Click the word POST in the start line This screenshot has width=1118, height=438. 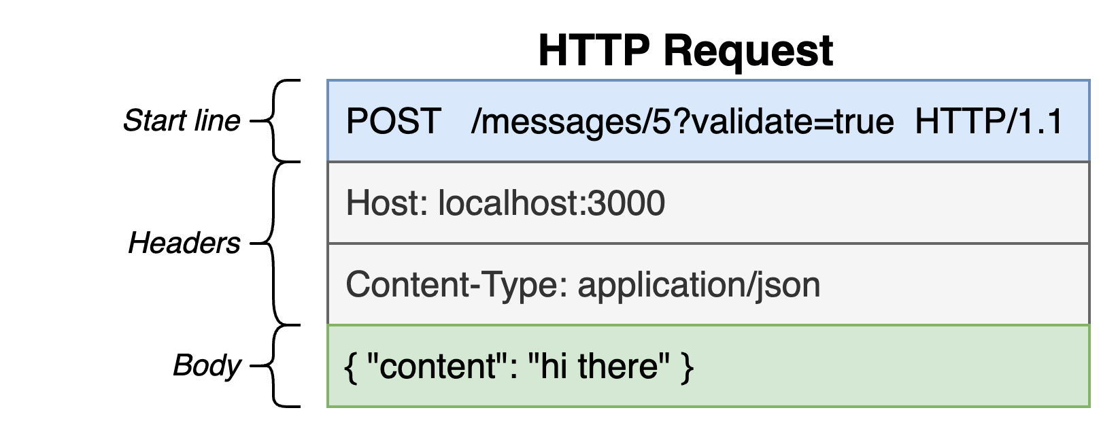click(x=393, y=121)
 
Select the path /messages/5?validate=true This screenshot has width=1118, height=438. click(x=682, y=122)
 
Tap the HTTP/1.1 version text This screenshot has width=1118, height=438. click(x=989, y=121)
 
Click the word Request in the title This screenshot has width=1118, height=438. click(x=748, y=51)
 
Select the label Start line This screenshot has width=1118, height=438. click(x=182, y=121)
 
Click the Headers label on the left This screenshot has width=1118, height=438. click(x=184, y=243)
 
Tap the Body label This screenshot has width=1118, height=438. click(x=207, y=366)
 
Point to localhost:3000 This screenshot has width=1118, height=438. click(x=552, y=203)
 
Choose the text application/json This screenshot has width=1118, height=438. click(x=699, y=286)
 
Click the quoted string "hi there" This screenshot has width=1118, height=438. click(x=598, y=366)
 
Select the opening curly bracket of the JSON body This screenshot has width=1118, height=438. click(x=351, y=367)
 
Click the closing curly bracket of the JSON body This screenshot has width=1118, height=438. click(x=687, y=367)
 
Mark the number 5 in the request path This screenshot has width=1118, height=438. click(x=662, y=121)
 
